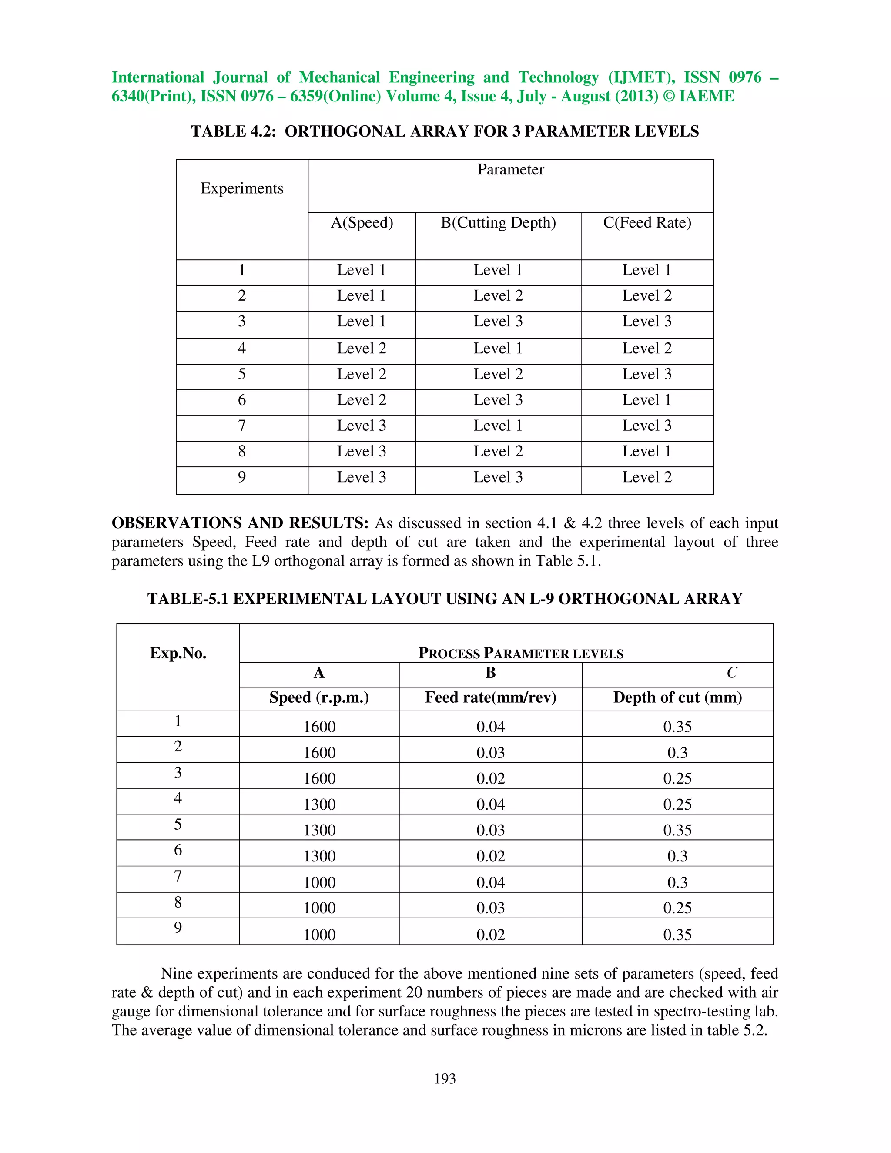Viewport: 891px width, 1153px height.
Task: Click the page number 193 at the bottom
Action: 445,1079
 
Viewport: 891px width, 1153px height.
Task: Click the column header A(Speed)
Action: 362,223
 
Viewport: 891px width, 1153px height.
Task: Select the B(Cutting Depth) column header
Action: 498,223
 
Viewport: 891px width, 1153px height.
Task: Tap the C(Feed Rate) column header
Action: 647,223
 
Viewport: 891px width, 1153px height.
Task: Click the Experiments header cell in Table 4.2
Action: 242,188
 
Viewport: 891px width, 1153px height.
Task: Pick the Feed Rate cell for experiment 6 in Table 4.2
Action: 646,400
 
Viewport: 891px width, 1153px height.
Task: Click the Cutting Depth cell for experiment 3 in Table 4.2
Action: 498,322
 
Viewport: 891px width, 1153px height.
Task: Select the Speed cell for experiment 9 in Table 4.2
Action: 362,477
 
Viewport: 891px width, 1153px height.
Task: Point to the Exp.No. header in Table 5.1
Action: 178,654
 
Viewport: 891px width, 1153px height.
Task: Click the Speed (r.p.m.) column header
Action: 319,698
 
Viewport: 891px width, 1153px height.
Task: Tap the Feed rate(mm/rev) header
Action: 490,698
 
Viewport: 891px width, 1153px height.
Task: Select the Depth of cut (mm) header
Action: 677,698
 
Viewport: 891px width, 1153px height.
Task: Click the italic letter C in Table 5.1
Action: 732,673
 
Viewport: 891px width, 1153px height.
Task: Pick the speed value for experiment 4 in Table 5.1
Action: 319,804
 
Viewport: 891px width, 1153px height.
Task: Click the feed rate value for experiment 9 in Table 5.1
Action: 490,935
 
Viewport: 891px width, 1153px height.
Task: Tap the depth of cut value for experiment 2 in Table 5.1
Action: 677,753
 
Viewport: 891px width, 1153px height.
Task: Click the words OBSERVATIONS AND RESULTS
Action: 240,523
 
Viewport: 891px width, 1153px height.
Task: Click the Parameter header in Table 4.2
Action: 510,170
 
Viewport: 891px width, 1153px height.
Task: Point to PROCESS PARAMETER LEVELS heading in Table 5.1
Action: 520,654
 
